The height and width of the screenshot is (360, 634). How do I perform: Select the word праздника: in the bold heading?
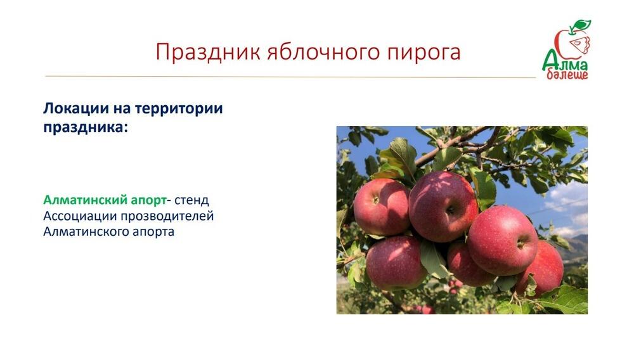pyautogui.click(x=86, y=126)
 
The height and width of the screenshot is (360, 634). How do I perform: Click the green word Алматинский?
pyautogui.click(x=84, y=200)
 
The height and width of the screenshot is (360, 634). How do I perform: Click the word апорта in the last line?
pyautogui.click(x=152, y=232)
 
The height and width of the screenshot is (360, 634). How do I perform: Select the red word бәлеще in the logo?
pyautogui.click(x=567, y=75)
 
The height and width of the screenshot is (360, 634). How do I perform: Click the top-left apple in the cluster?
pyautogui.click(x=381, y=207)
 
